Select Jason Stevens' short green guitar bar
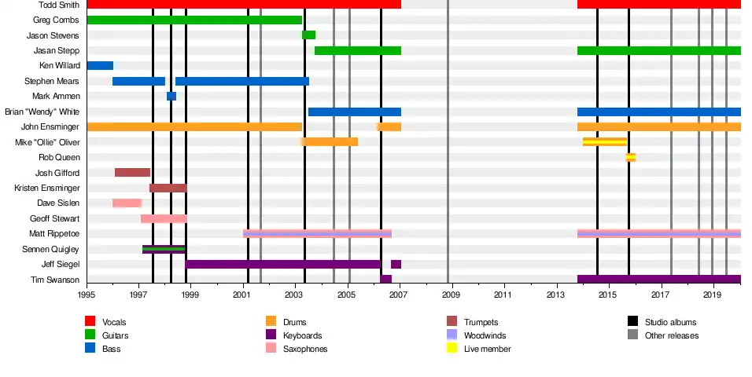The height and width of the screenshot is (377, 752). tap(308, 35)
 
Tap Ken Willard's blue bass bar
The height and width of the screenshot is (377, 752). tap(100, 65)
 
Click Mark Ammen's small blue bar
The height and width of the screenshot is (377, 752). tap(171, 96)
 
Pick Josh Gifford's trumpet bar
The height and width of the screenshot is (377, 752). tap(132, 172)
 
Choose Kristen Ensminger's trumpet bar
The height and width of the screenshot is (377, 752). tap(168, 188)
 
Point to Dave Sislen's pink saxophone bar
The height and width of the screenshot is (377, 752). tap(127, 203)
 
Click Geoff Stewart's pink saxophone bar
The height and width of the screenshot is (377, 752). tap(164, 218)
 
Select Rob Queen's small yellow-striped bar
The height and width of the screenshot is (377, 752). tap(630, 157)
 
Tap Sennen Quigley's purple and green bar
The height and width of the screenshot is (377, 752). tap(164, 249)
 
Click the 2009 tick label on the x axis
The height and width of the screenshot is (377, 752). tap(451, 295)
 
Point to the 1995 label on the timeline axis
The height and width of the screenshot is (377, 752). tap(87, 295)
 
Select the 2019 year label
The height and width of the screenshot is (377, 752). tap(712, 295)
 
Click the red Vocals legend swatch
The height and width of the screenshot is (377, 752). tap(90, 322)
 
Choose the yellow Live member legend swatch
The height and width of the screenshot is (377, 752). tap(452, 348)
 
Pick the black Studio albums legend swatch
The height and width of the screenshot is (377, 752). tap(632, 322)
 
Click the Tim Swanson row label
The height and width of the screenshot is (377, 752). tap(55, 280)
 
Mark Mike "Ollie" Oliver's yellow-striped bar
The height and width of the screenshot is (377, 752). tap(604, 142)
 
